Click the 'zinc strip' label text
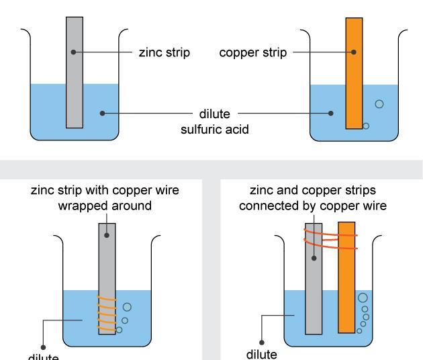164,52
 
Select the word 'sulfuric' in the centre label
201,129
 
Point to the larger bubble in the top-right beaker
379,103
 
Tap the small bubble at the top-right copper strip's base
366,126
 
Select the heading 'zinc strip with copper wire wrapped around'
106,197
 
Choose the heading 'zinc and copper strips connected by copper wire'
313,197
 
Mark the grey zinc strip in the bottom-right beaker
314,282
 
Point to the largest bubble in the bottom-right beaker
363,297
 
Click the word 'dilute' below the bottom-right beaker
263,353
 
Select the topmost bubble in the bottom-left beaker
127,307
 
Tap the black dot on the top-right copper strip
354,52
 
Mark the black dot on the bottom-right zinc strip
313,257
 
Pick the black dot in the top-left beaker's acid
102,114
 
